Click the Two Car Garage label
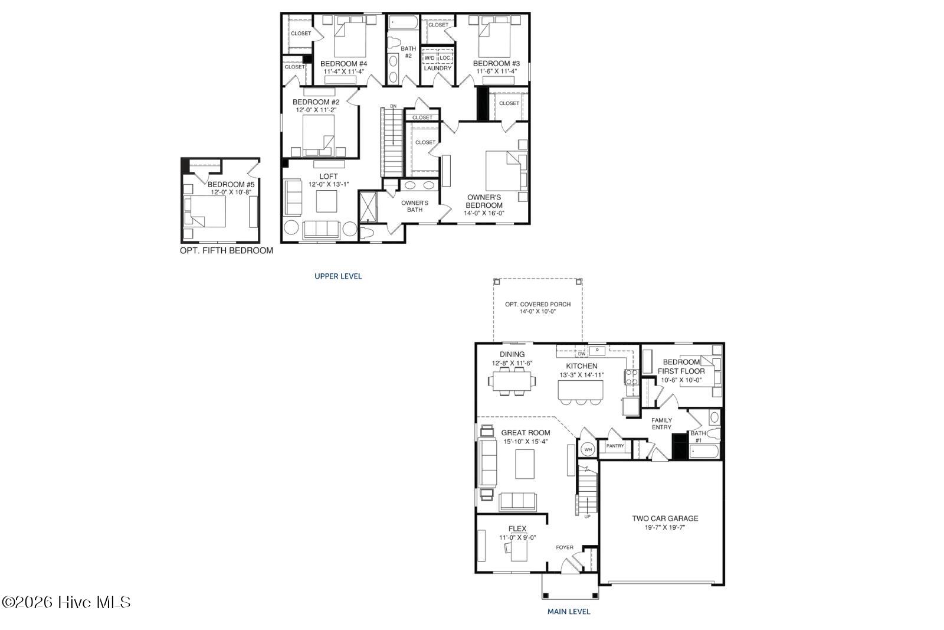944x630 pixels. pos(665,518)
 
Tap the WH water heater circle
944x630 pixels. pos(588,449)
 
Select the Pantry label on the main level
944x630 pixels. pos(615,446)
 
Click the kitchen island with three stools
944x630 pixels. pos(581,390)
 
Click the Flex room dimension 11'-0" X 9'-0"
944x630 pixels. pos(517,537)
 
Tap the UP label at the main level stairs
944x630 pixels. pos(587,517)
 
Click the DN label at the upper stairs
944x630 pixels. pos(393,106)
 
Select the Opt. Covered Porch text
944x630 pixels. pos(537,304)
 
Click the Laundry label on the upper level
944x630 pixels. pos(438,68)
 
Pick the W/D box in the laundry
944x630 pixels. pos(430,58)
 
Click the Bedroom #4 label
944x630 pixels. pos(343,64)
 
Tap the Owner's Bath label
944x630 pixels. pos(415,206)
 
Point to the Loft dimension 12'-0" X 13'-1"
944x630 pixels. pos(329,184)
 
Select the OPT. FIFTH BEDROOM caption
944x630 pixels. pos(227,250)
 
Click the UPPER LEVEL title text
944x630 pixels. pos(338,276)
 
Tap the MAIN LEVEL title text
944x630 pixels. pos(569,612)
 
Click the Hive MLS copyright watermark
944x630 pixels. pos(66,602)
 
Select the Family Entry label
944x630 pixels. pos(661,423)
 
